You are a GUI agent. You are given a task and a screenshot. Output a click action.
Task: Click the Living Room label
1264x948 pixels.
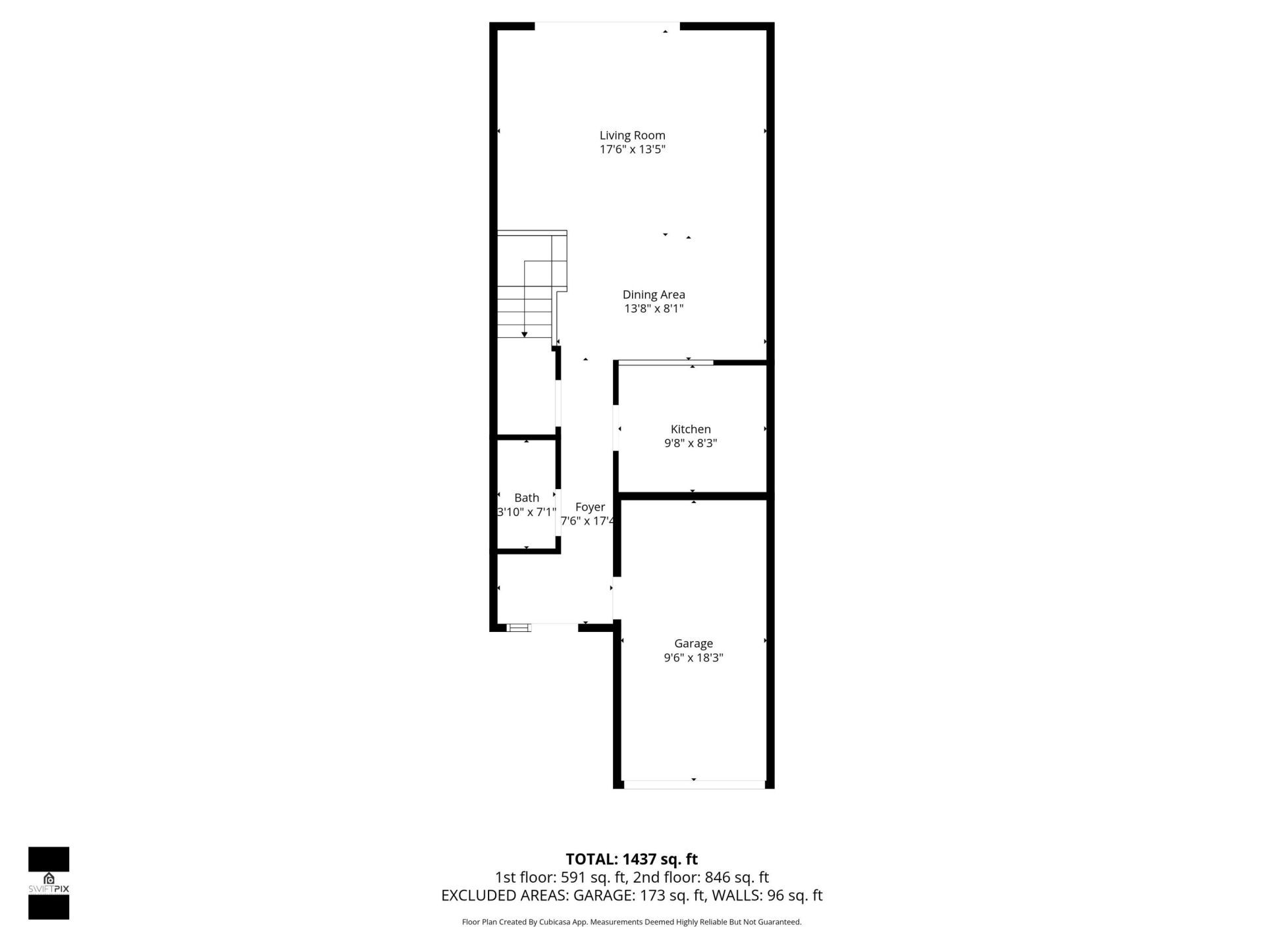coord(632,136)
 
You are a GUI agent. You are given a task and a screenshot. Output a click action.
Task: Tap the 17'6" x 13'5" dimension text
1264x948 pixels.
coord(632,149)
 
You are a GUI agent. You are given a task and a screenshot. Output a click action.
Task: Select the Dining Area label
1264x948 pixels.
coord(654,295)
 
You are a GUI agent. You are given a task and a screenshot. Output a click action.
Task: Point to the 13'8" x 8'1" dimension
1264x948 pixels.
coord(654,309)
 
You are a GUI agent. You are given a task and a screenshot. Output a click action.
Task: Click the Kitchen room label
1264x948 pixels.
coord(691,429)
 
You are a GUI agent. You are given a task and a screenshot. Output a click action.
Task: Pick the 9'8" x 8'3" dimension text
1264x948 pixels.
coord(691,443)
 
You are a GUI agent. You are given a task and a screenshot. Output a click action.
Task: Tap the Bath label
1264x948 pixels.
coord(527,498)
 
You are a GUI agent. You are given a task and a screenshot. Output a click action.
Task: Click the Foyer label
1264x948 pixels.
coord(590,507)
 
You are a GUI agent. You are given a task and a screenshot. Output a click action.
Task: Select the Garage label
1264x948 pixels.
coord(693,643)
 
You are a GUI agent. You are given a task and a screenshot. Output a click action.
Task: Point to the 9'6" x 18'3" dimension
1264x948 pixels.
coord(693,657)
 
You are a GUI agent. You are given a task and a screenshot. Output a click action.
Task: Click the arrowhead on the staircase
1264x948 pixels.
coord(525,334)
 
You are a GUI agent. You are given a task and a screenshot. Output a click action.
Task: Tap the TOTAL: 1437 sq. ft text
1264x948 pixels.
coord(632,859)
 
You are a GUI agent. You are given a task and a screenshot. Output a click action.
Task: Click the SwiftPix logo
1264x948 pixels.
coord(49,883)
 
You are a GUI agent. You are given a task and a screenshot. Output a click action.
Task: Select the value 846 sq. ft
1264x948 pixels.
coord(737,878)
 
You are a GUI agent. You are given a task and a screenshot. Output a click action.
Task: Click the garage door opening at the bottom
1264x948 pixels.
coord(694,784)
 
